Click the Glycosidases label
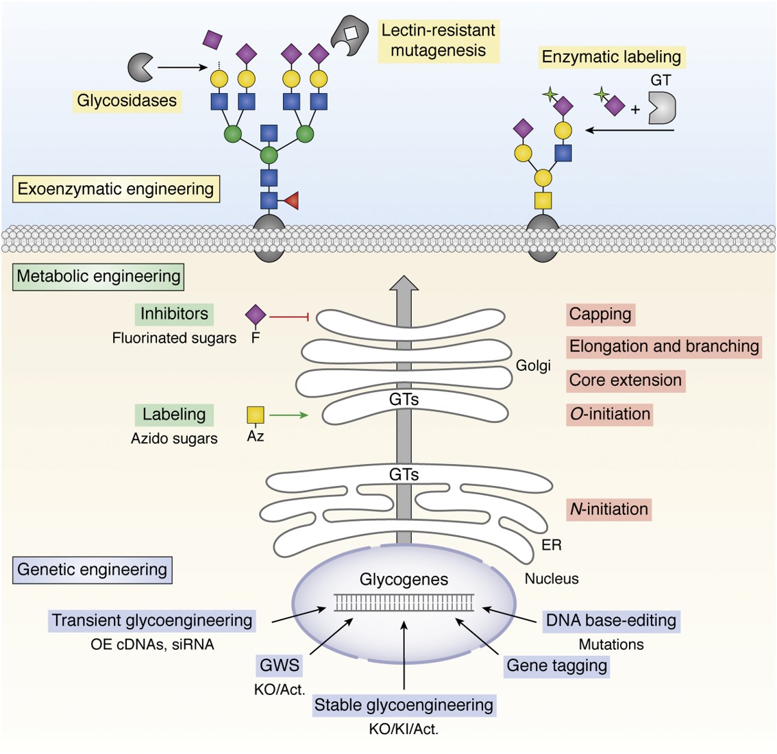click(127, 101)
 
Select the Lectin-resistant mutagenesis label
click(438, 40)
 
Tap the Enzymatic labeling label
click(611, 57)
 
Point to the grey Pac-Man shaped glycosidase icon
click(140, 67)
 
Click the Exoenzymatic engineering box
click(116, 189)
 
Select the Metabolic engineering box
click(99, 277)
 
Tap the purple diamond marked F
click(256, 315)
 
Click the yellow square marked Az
click(256, 415)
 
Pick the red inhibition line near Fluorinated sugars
click(291, 317)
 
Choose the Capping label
click(600, 315)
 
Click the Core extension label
click(626, 380)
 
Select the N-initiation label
click(608, 509)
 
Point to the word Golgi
click(533, 365)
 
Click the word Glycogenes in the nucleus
click(404, 579)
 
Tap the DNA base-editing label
click(610, 621)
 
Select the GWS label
click(279, 666)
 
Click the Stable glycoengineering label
click(404, 705)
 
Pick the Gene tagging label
click(556, 666)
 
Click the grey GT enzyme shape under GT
click(662, 108)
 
